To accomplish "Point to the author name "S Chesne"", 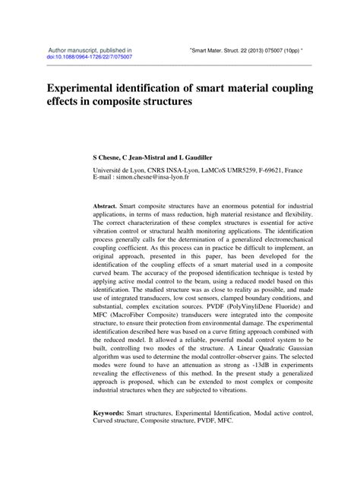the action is pyautogui.click(x=106, y=154).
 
